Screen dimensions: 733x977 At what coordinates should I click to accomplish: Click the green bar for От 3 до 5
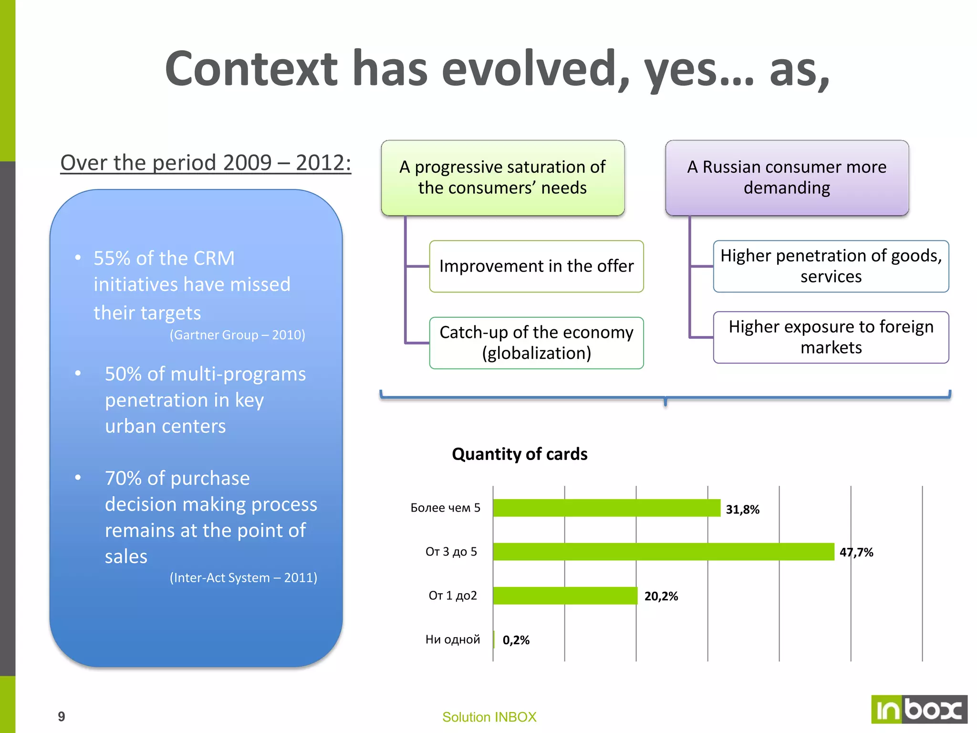[663, 552]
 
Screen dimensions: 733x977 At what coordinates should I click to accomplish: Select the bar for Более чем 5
[606, 508]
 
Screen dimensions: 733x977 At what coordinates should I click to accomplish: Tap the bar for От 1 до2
[565, 596]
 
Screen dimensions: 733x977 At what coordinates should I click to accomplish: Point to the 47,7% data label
[856, 552]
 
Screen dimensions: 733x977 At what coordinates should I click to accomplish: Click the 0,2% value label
[516, 640]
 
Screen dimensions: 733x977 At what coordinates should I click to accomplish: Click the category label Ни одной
[452, 639]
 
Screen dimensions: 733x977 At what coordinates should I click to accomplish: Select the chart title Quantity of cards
[519, 454]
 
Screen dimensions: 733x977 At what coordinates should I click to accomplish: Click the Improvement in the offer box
[536, 266]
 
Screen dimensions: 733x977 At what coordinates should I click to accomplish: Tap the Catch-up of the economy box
[536, 343]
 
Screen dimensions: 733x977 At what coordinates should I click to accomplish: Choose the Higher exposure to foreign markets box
[831, 337]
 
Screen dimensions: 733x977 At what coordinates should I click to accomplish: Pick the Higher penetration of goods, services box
[831, 266]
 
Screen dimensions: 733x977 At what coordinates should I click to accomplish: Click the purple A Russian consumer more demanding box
[787, 178]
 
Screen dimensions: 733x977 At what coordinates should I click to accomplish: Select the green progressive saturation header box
[502, 178]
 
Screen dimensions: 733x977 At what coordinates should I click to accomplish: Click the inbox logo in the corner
[918, 709]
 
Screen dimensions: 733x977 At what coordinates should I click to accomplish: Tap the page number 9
[62, 716]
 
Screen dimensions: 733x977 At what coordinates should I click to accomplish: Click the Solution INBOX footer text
[489, 717]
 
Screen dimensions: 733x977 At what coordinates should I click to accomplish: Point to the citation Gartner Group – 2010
[237, 335]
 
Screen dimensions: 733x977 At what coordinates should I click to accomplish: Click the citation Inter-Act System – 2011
[243, 578]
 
